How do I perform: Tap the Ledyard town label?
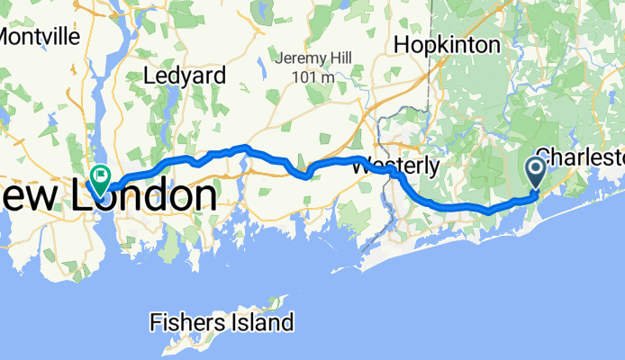185,76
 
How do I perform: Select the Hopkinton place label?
446,44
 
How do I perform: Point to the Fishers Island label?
222,321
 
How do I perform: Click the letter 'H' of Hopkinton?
401,44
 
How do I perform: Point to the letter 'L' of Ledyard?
150,76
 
